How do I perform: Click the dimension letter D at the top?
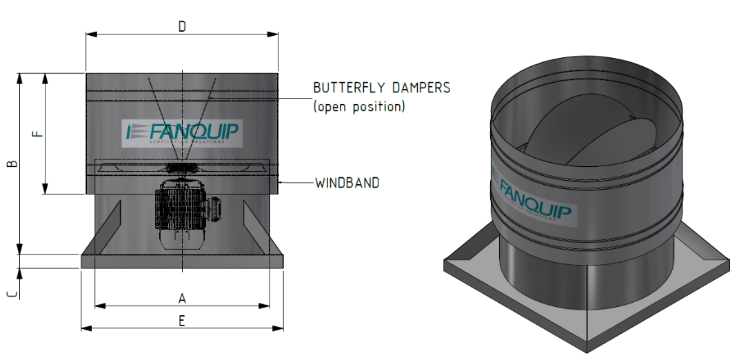click(182, 26)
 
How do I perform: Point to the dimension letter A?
click(182, 298)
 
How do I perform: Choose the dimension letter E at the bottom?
click(182, 321)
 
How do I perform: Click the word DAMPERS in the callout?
click(422, 88)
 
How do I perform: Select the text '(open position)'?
click(358, 107)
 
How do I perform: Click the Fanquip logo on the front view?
click(182, 132)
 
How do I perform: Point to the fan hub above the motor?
click(182, 168)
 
